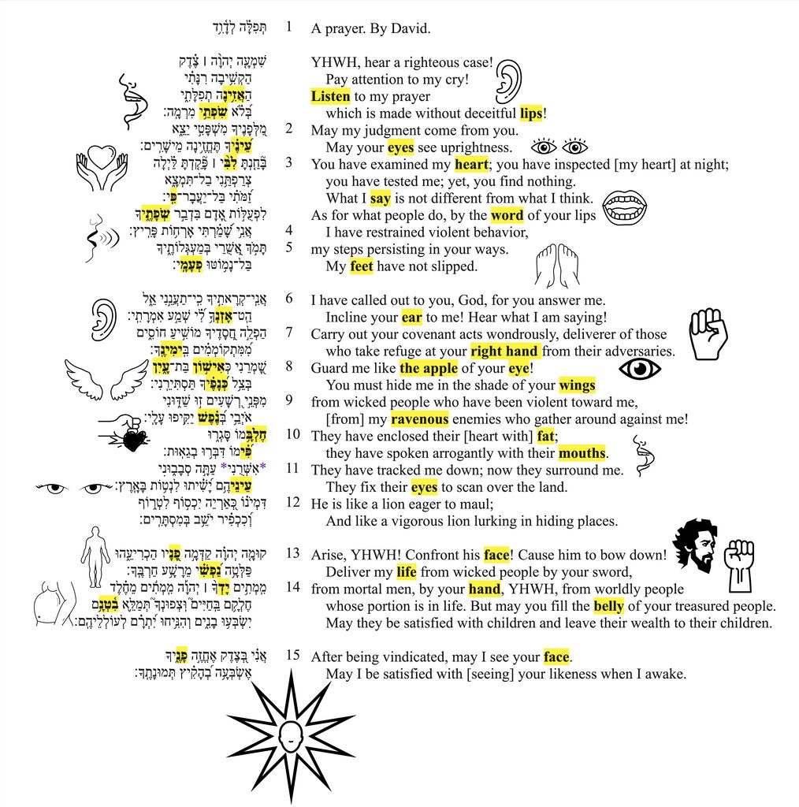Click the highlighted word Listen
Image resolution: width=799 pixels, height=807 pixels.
(x=330, y=96)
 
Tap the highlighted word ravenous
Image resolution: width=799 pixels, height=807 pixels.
(x=419, y=419)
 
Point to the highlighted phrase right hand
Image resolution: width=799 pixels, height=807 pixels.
(x=504, y=351)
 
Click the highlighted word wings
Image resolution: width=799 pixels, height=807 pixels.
(x=577, y=385)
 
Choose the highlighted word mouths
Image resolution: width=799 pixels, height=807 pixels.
(x=582, y=453)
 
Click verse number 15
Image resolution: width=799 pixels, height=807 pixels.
(x=293, y=656)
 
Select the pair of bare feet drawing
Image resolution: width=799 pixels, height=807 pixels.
(x=556, y=266)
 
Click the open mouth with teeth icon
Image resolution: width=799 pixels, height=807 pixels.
(x=625, y=208)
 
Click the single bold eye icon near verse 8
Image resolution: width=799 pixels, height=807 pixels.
(x=639, y=369)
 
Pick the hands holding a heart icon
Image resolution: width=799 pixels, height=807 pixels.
(x=102, y=166)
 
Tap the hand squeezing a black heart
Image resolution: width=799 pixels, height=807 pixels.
(x=129, y=432)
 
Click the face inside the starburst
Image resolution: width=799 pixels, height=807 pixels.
(x=290, y=738)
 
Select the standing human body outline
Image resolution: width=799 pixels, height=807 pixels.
(x=95, y=556)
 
